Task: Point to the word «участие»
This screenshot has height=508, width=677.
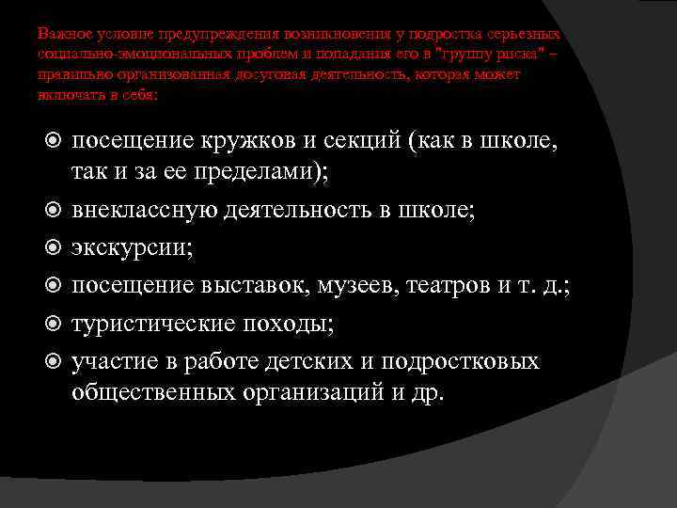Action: point(110,362)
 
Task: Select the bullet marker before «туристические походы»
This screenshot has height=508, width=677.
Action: point(54,324)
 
